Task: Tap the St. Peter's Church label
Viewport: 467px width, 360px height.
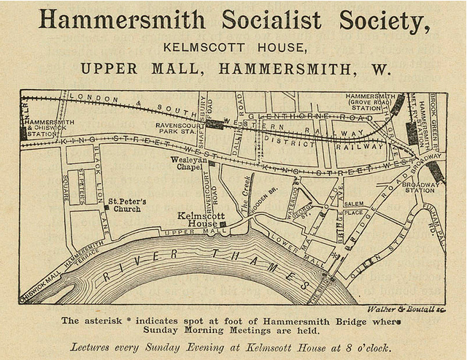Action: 127,204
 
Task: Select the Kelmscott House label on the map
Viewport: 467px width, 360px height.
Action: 197,220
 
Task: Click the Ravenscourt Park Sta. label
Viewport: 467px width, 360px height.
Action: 179,129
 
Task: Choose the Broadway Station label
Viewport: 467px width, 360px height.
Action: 420,188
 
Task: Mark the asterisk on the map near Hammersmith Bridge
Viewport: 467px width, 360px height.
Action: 336,256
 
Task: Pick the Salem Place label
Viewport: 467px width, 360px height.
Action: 354,208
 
